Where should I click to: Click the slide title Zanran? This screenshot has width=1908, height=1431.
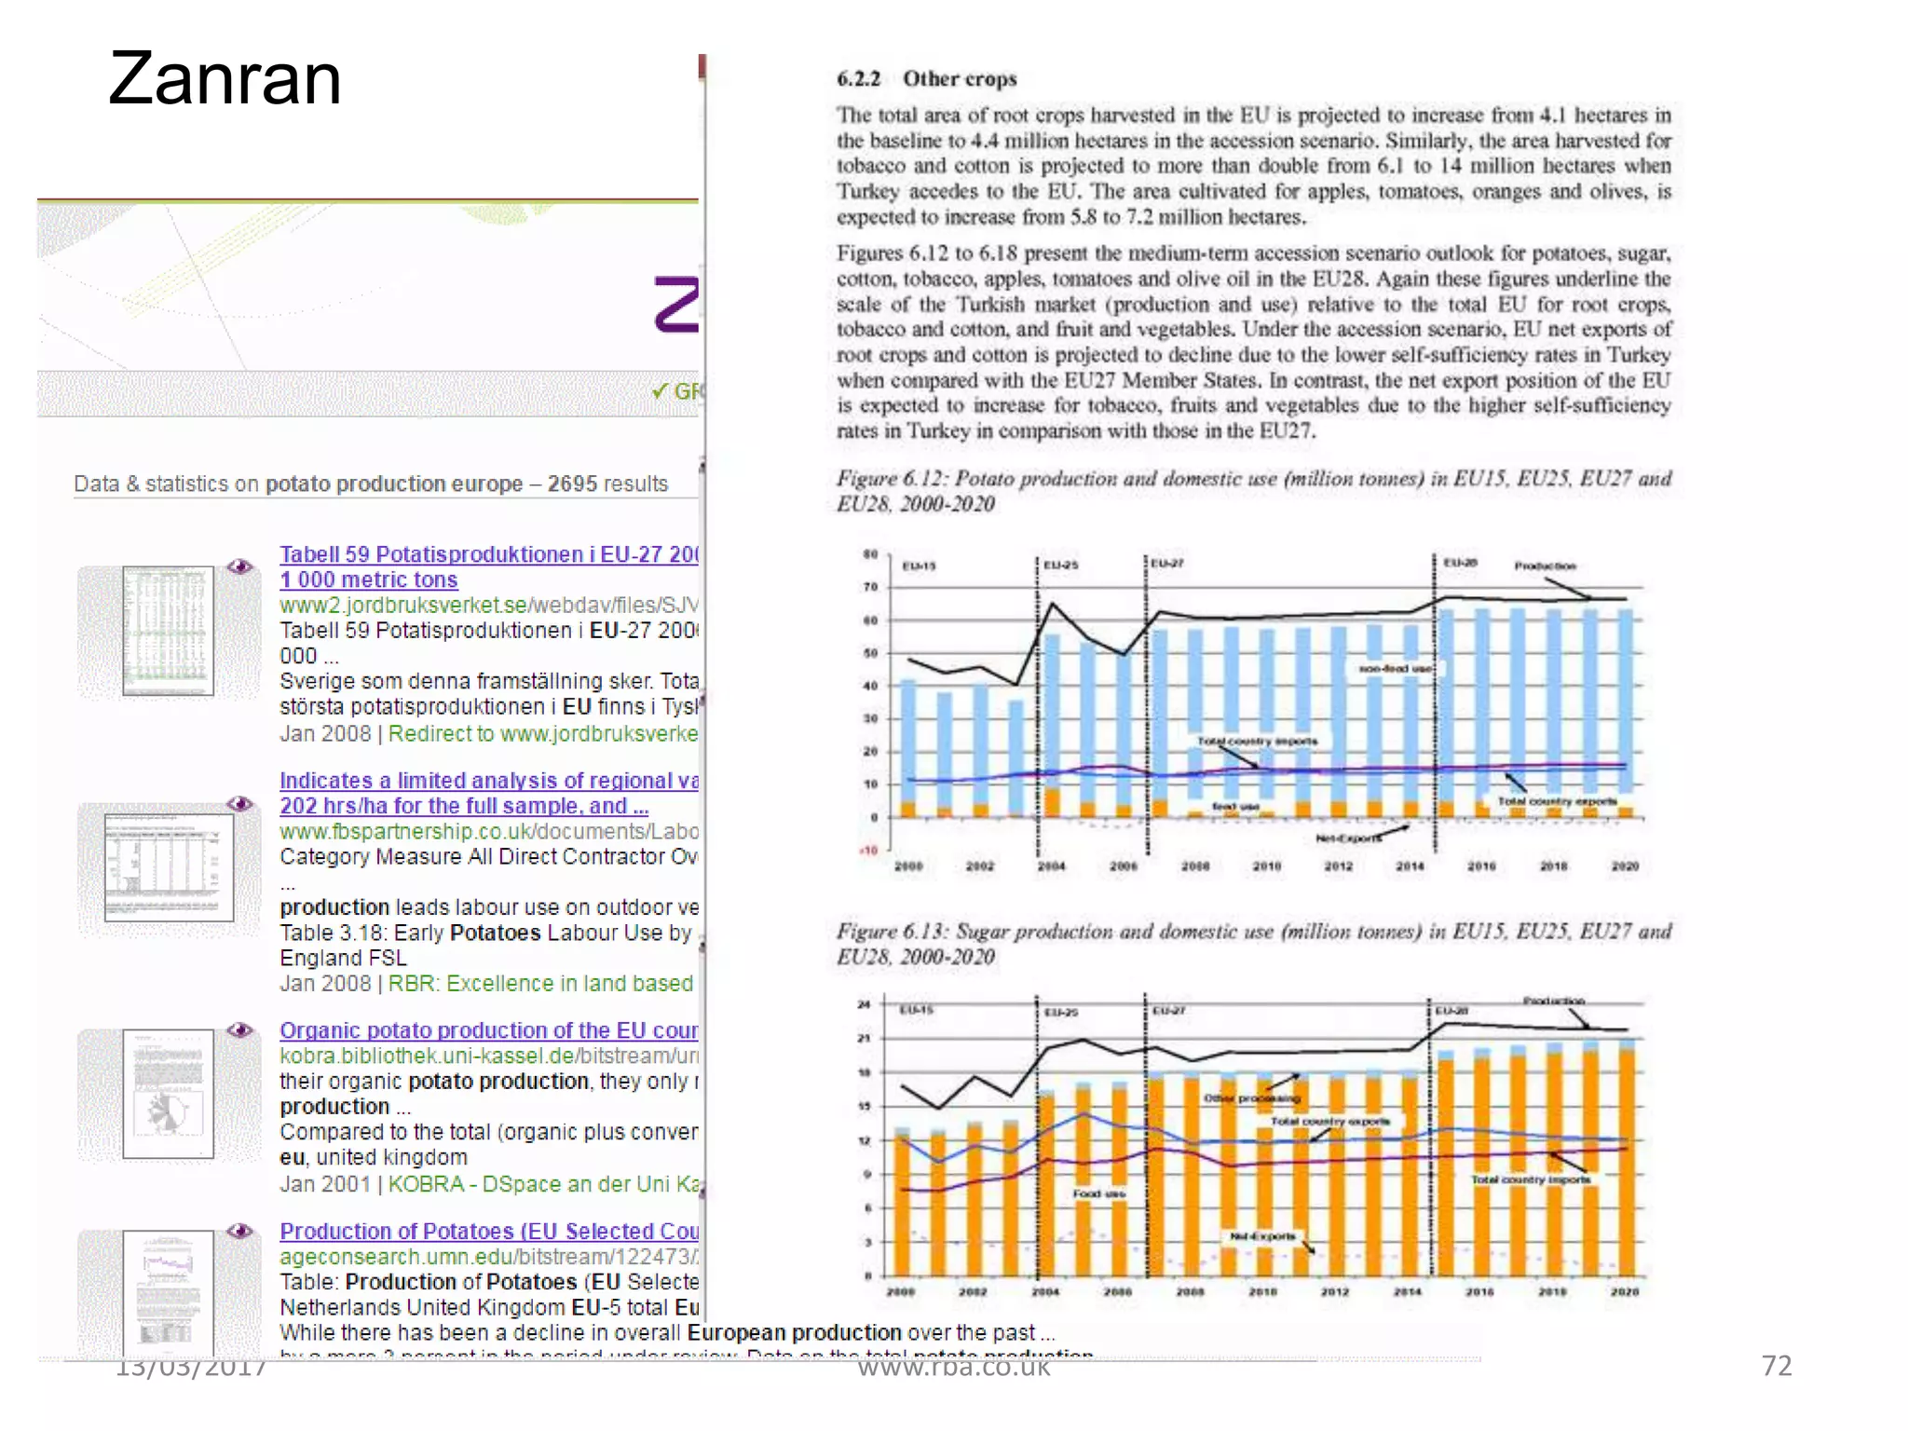(x=225, y=78)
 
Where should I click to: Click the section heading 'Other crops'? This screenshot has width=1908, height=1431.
(x=959, y=79)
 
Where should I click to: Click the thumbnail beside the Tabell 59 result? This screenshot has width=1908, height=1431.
(x=168, y=631)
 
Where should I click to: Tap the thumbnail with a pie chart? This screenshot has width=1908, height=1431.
(x=168, y=1094)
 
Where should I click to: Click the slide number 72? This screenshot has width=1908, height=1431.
(x=1777, y=1366)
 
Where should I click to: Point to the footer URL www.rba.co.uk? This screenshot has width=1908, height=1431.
(x=953, y=1367)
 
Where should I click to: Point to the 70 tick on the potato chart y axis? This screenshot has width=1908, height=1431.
(x=870, y=587)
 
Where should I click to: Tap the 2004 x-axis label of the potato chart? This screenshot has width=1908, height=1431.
(x=1052, y=866)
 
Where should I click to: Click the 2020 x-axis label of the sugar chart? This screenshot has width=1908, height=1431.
(x=1624, y=1292)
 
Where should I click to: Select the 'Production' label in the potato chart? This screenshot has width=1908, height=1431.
(x=1545, y=566)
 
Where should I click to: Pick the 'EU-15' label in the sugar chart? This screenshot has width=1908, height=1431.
(x=916, y=1010)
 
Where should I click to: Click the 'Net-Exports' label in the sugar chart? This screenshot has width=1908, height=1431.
(x=1262, y=1236)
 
